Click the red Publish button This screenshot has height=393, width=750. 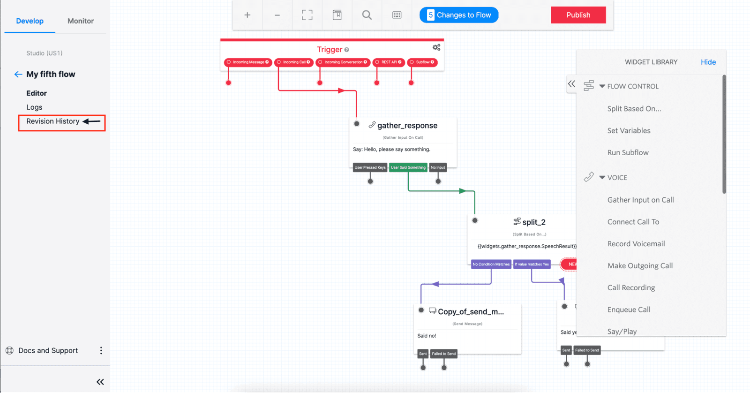pyautogui.click(x=578, y=15)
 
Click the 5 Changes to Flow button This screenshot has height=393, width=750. pyautogui.click(x=459, y=15)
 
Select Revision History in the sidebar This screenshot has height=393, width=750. pyautogui.click(x=53, y=121)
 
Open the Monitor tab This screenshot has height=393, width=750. pyautogui.click(x=81, y=21)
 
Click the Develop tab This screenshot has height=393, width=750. pyautogui.click(x=30, y=21)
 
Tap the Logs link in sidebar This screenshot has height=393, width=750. pyautogui.click(x=34, y=107)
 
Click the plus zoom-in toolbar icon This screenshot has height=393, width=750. pyautogui.click(x=247, y=15)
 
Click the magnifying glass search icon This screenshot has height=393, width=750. pyautogui.click(x=367, y=15)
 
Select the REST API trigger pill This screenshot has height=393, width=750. pyautogui.click(x=389, y=62)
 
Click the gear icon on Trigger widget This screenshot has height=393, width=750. pyautogui.click(x=436, y=47)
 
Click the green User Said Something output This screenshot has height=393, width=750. pyautogui.click(x=408, y=167)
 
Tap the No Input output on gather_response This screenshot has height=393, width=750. pyautogui.click(x=438, y=167)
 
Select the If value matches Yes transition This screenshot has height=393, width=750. pyautogui.click(x=532, y=264)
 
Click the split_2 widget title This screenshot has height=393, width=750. pyautogui.click(x=533, y=222)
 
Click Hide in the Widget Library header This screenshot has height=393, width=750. pyautogui.click(x=708, y=62)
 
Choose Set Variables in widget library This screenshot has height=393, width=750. pyautogui.click(x=629, y=131)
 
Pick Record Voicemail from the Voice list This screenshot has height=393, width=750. pyautogui.click(x=636, y=244)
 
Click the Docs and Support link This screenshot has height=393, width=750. pyautogui.click(x=48, y=351)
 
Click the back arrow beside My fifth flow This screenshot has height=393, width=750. pyautogui.click(x=18, y=74)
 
